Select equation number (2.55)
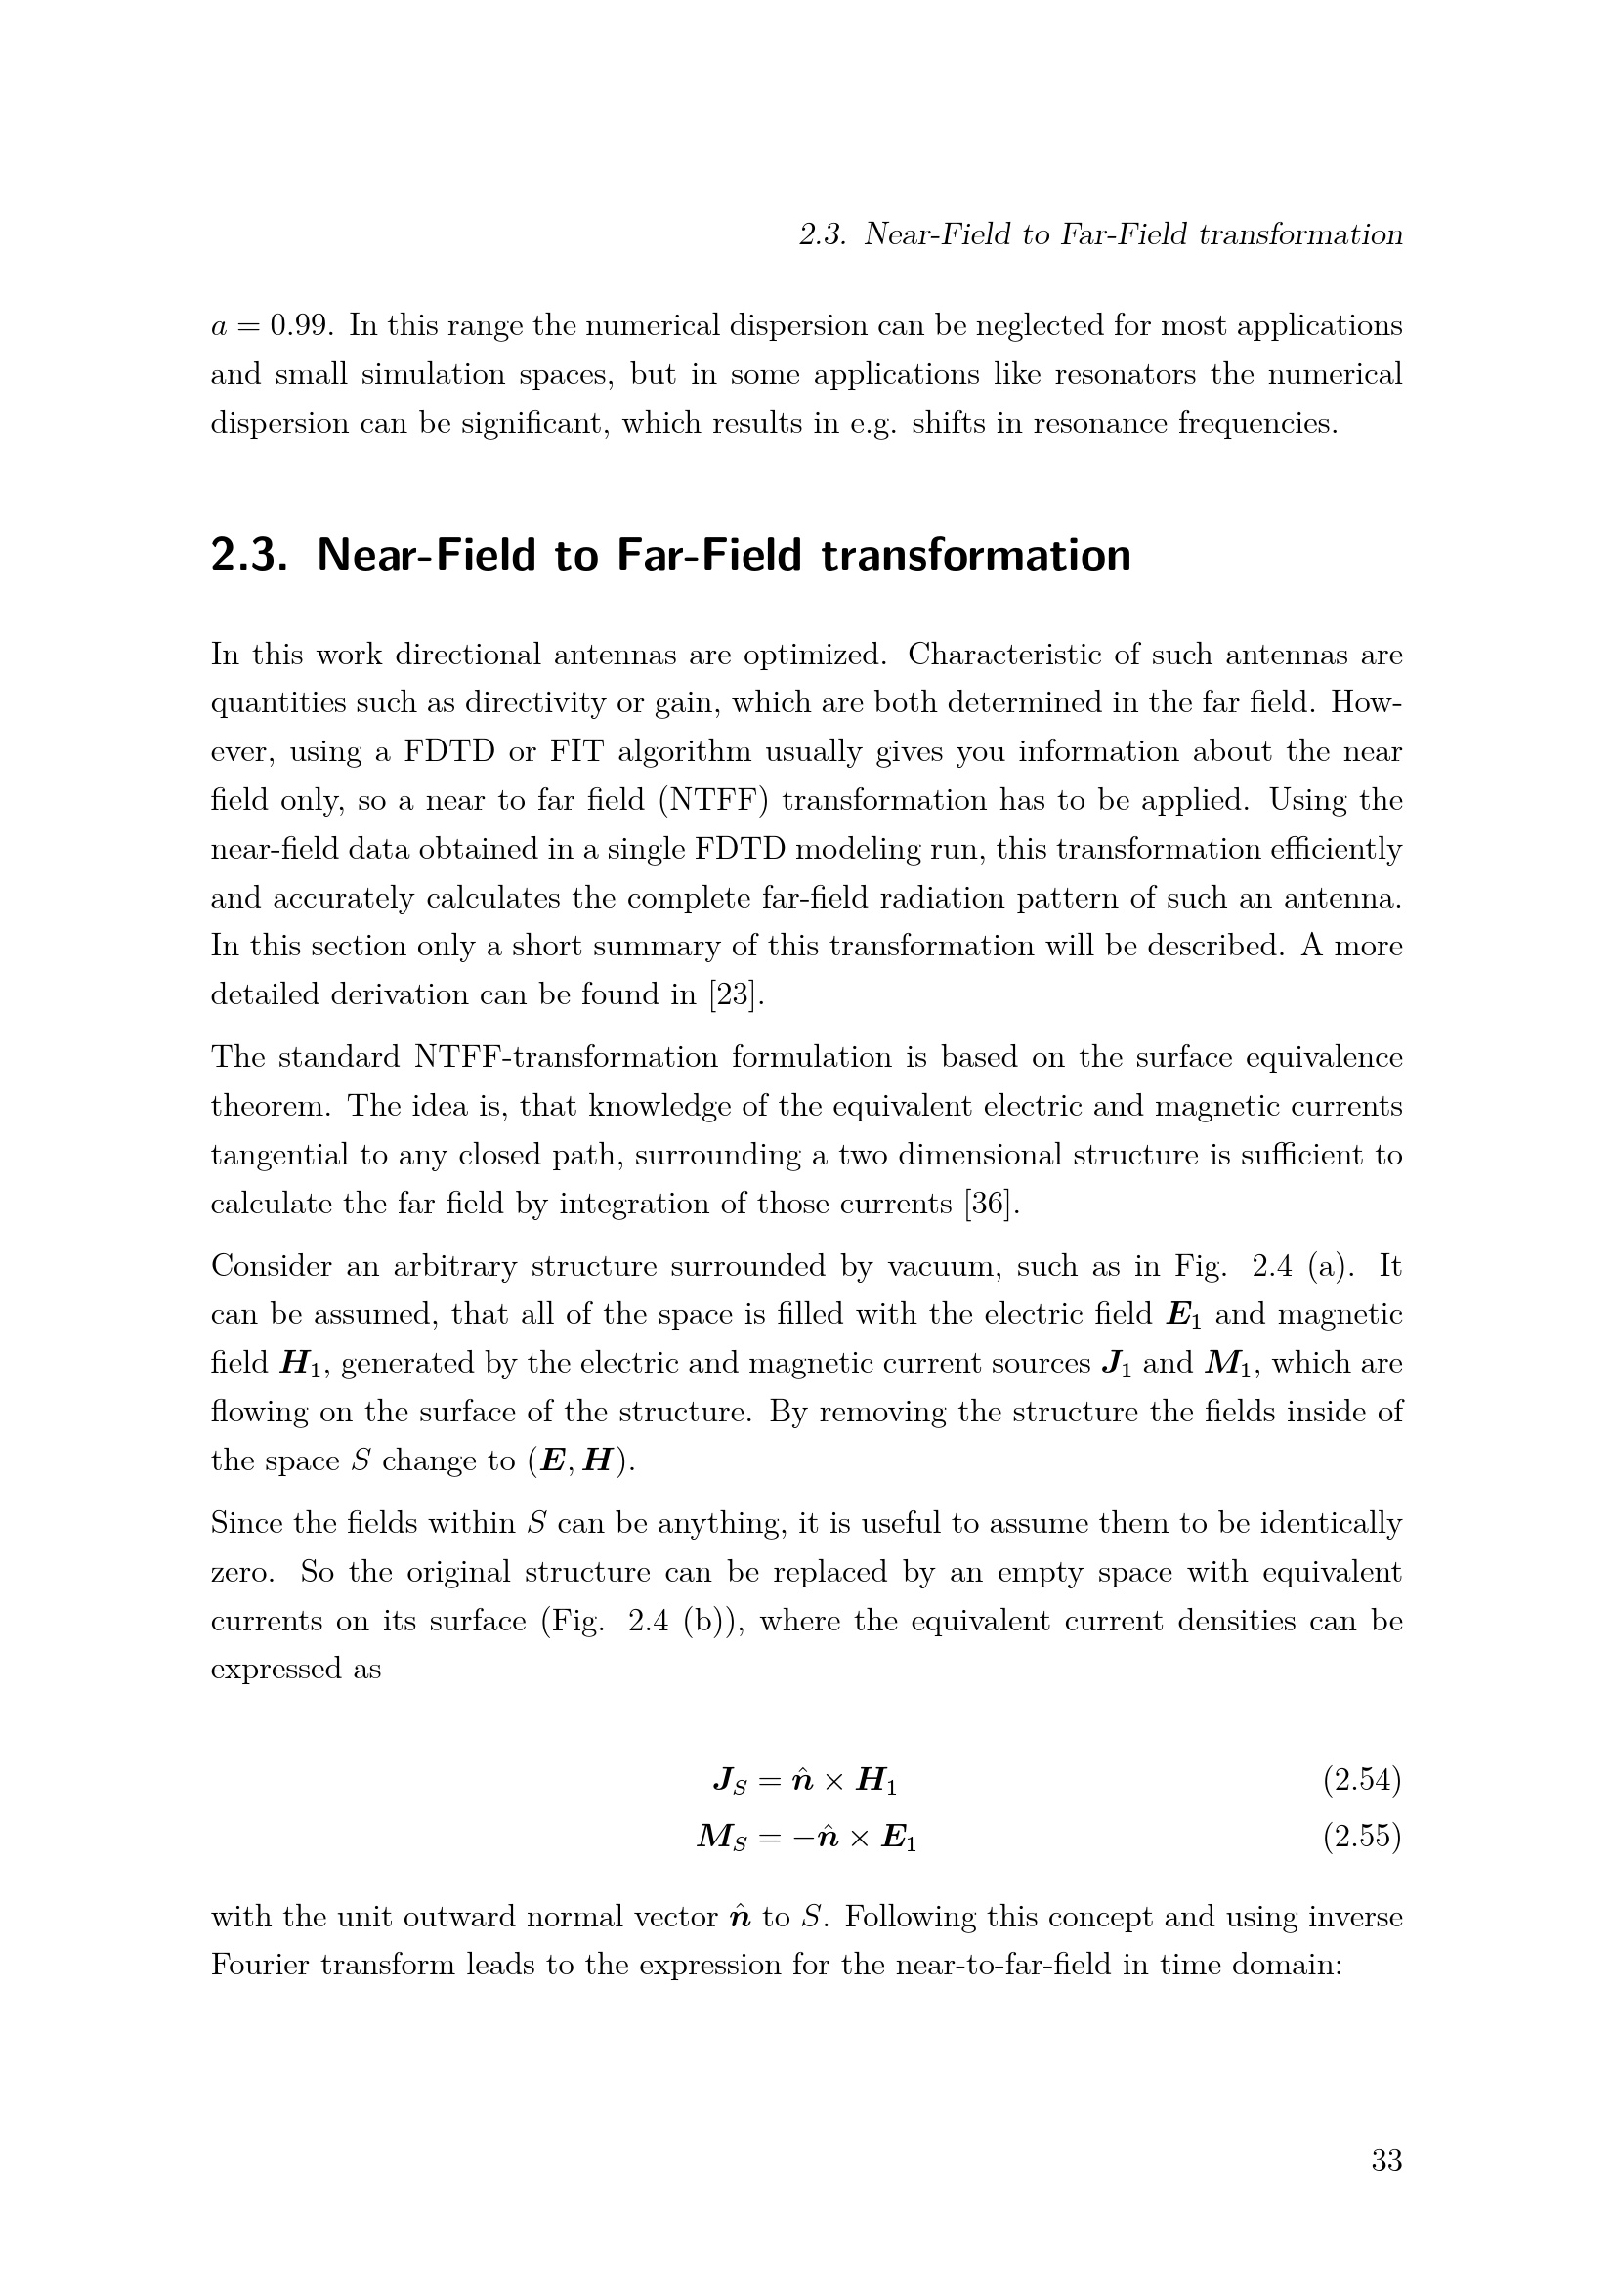[x=1361, y=1837]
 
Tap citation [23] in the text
[x=736, y=994]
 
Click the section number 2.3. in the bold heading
[x=249, y=555]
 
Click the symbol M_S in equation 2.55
[x=721, y=1838]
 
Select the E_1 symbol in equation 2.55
[x=899, y=1838]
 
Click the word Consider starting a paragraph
[x=270, y=1266]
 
